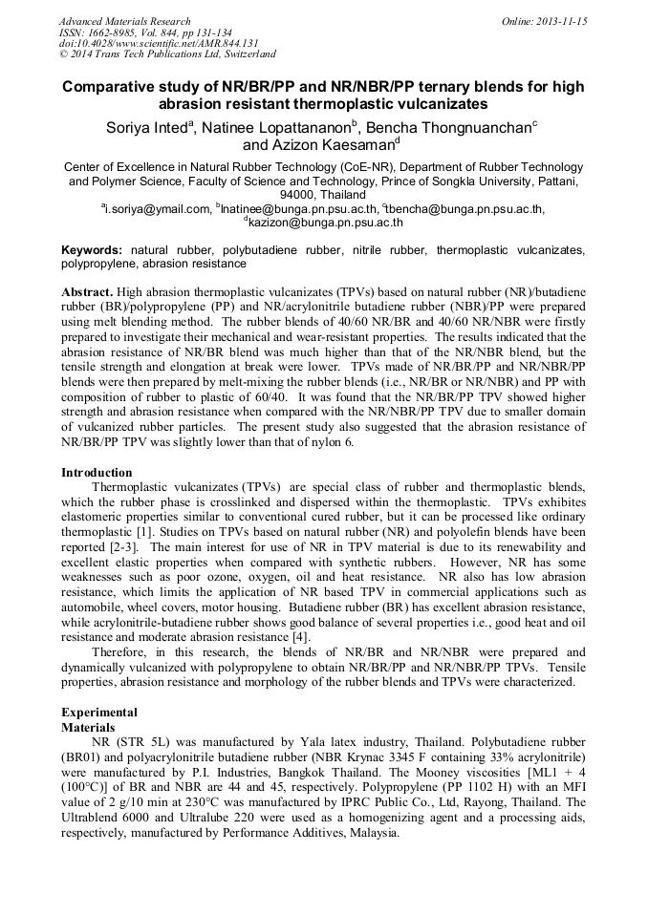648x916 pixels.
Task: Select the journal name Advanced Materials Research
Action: (124, 21)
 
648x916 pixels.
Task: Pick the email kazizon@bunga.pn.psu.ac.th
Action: (325, 223)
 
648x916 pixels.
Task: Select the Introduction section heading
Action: (97, 472)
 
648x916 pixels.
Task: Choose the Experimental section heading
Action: (99, 712)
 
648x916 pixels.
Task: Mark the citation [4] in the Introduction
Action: (299, 636)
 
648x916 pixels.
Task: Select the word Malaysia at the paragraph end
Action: (366, 833)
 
